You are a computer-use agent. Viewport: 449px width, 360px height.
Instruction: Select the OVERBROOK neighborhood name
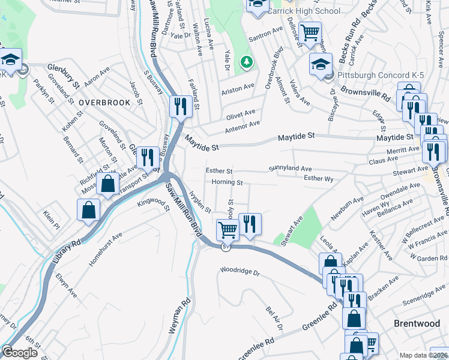pyautogui.click(x=104, y=103)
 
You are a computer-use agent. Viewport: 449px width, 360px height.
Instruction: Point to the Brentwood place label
pyautogui.click(x=417, y=323)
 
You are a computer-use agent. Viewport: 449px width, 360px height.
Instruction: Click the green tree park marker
pyautogui.click(x=246, y=61)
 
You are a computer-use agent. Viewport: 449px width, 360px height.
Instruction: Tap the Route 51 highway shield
pyautogui.click(x=225, y=247)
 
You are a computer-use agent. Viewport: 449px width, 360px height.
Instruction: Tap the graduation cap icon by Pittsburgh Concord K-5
pyautogui.click(x=321, y=64)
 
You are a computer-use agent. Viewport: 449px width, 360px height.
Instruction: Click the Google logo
pyautogui.click(x=20, y=353)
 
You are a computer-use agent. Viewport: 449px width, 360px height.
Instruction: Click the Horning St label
pyautogui.click(x=227, y=182)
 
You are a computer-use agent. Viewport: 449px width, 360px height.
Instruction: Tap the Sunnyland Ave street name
pyautogui.click(x=291, y=169)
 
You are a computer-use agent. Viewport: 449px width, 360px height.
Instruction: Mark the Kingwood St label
pyautogui.click(x=154, y=213)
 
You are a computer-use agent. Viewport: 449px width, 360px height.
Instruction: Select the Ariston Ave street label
pyautogui.click(x=238, y=88)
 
